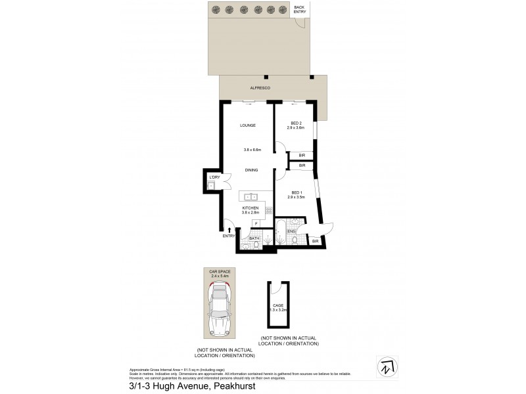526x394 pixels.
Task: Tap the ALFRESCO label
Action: coord(261,87)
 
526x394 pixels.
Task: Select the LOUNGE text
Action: coord(247,125)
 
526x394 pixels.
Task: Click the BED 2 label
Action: coord(296,123)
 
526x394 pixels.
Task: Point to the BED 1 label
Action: coord(296,192)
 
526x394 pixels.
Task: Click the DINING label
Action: coord(251,170)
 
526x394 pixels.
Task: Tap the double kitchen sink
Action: coord(251,196)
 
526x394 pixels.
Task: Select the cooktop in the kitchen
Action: coord(268,211)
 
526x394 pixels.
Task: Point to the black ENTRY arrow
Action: coord(229,229)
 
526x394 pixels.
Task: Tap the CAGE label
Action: coord(277,305)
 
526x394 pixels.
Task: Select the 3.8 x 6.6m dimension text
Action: coord(252,150)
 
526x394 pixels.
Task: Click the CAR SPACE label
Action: coord(218,271)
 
